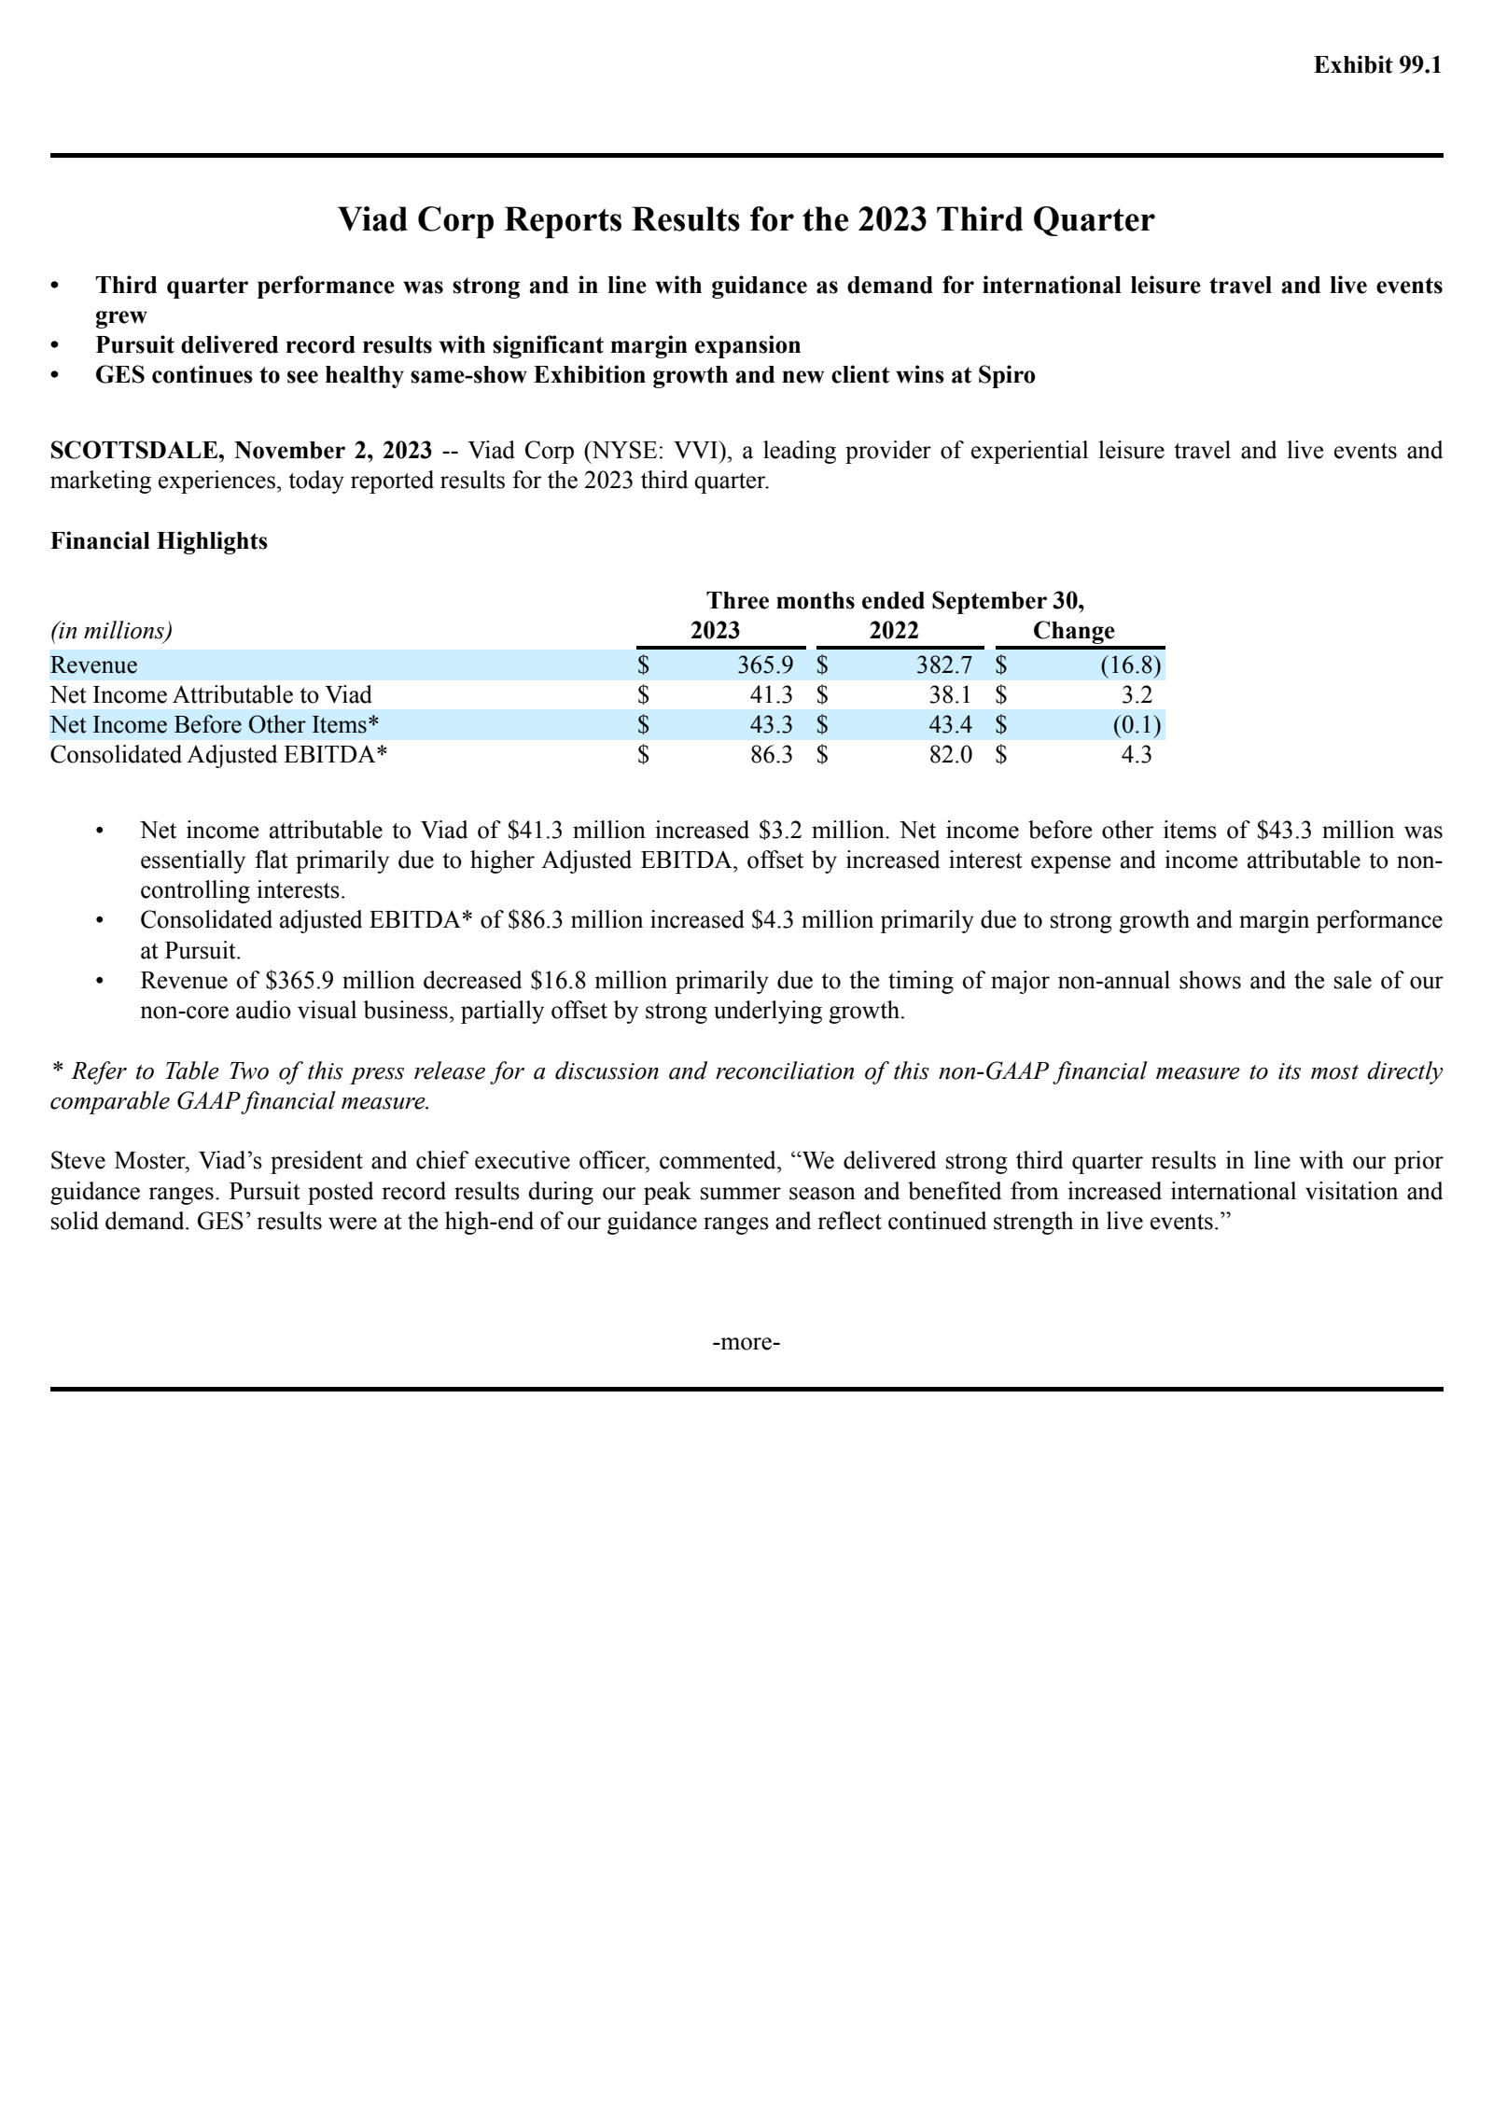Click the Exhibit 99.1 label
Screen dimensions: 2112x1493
point(1377,64)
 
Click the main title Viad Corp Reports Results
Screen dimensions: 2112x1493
point(746,219)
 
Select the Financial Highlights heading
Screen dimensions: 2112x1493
point(159,541)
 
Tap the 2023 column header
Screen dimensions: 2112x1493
point(715,631)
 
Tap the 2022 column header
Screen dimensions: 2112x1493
point(894,631)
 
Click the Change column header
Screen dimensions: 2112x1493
point(1073,631)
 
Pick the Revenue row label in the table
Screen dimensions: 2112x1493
point(93,665)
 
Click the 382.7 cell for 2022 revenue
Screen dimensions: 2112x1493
point(944,665)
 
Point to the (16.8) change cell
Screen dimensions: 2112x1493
point(1131,665)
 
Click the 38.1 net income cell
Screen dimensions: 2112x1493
point(950,695)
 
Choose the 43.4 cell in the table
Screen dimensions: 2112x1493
point(950,725)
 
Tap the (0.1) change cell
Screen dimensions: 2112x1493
point(1137,725)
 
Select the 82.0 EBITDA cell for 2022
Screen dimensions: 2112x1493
point(950,755)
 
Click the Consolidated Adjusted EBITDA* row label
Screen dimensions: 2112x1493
point(218,755)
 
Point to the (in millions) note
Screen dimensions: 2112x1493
point(111,631)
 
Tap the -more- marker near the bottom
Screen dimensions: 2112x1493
point(746,1342)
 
